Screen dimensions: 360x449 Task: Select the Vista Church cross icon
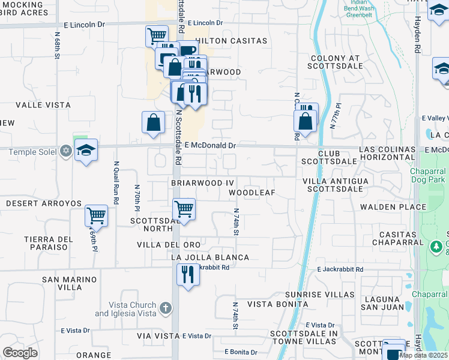[x=166, y=308]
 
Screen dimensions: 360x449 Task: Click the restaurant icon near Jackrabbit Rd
[x=188, y=275]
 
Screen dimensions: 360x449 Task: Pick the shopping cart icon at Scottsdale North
[x=184, y=209]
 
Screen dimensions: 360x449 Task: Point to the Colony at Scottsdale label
[x=335, y=62]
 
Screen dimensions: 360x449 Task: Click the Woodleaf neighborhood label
[x=252, y=193]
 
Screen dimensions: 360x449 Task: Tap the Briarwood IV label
[x=202, y=181]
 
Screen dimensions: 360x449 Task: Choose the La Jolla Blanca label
[x=210, y=257]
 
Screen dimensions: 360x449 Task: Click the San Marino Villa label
[x=70, y=283]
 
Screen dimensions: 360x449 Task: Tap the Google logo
[x=20, y=353]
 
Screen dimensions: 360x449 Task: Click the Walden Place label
[x=393, y=207]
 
